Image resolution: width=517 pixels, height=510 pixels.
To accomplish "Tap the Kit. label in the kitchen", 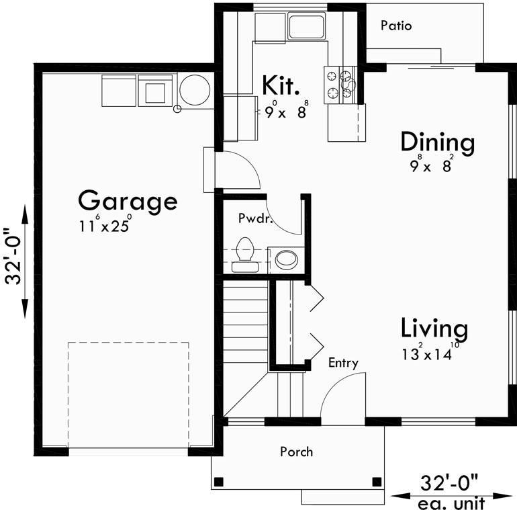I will click(280, 85).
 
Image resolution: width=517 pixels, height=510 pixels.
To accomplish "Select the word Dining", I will click(437, 142).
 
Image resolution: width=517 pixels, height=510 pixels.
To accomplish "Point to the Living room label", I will click(434, 329).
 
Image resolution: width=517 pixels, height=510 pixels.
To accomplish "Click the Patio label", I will click(395, 26).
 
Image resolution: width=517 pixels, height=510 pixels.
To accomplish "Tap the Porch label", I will click(296, 452).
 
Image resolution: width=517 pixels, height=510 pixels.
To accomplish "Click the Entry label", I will click(342, 364).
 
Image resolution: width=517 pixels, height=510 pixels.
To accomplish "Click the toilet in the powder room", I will click(245, 253).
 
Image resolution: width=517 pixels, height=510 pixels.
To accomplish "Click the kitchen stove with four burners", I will click(340, 85).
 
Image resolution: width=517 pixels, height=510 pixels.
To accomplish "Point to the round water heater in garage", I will click(195, 89).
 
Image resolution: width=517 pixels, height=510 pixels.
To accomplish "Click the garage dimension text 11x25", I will click(104, 226).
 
